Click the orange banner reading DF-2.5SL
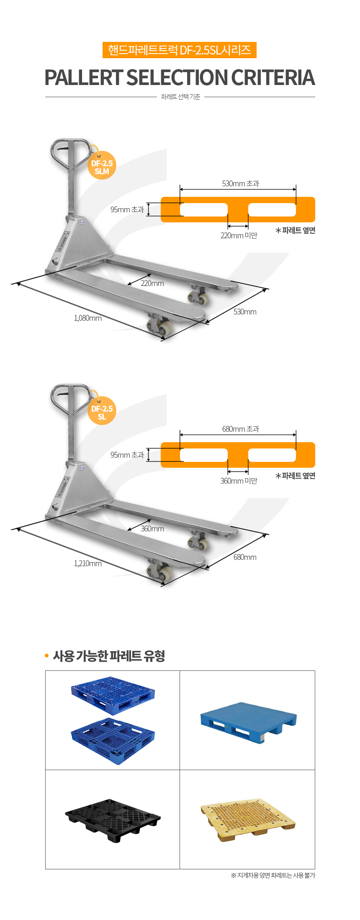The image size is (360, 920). [180, 50]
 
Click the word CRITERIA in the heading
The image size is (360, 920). [273, 77]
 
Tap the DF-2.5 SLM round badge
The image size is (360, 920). [102, 165]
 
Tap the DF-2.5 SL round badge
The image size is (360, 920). [102, 411]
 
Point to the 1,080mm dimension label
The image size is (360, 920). [88, 318]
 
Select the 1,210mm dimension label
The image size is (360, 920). [88, 564]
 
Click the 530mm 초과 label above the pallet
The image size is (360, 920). [241, 183]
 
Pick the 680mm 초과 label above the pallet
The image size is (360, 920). [241, 429]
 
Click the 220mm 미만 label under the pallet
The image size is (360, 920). [239, 236]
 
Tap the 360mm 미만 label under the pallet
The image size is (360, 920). [239, 481]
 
